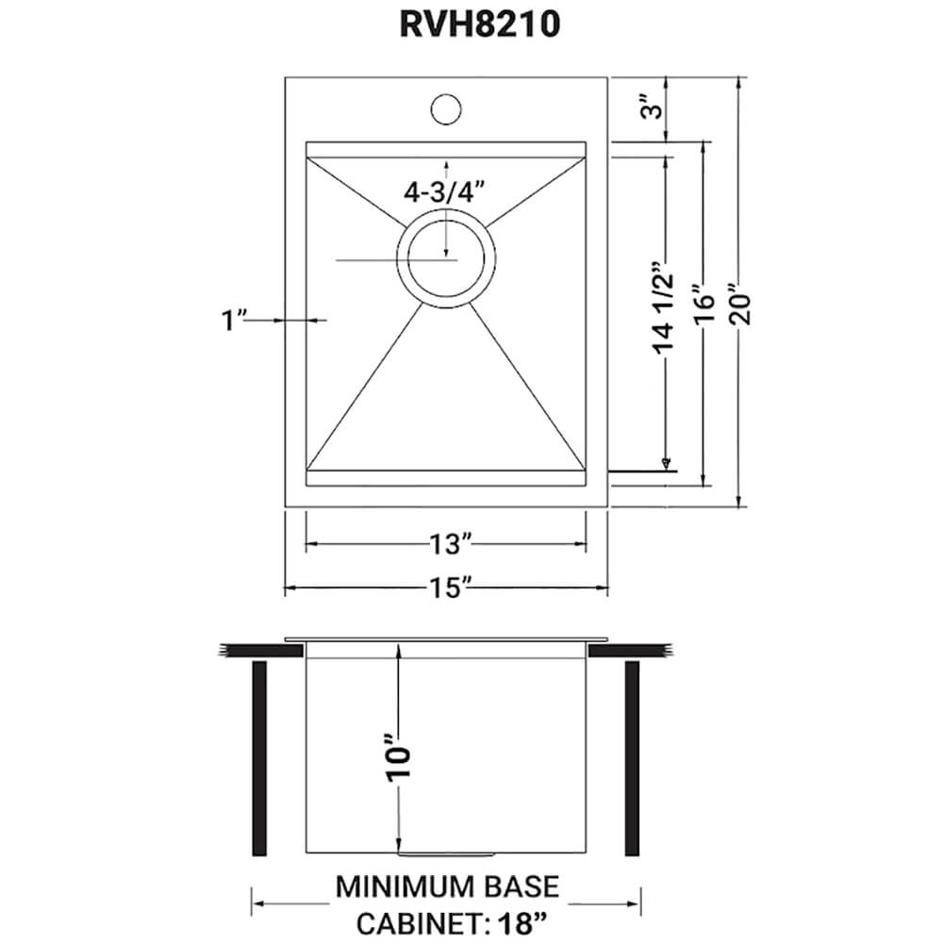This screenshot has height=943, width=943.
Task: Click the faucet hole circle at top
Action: point(446,109)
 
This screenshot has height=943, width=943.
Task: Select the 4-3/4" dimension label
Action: point(443,191)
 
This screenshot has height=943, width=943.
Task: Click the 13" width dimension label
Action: point(446,544)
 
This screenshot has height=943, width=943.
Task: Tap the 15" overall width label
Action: point(446,589)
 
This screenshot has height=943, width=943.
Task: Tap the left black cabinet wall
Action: point(259,758)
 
